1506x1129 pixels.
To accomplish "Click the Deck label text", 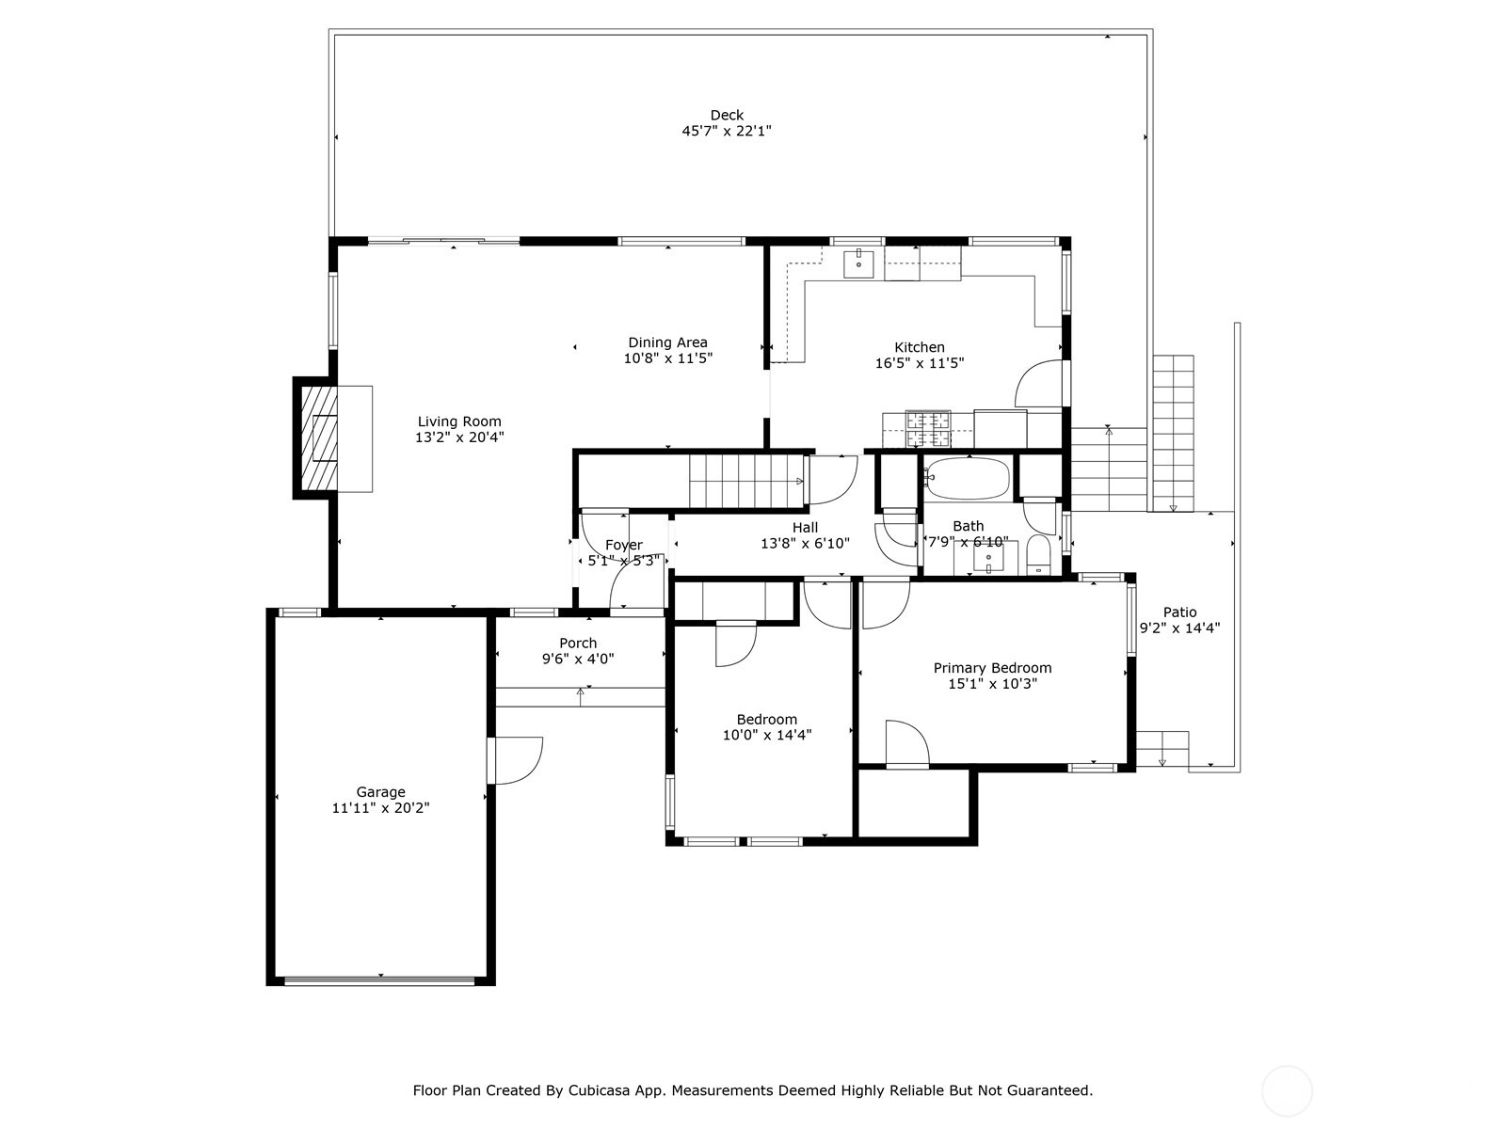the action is pos(727,115).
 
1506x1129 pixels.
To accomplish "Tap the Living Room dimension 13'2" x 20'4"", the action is pos(459,437).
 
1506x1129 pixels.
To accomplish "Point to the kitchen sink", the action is pos(858,263).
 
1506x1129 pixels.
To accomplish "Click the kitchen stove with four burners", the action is pos(928,428).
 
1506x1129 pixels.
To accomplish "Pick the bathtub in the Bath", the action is pos(968,478).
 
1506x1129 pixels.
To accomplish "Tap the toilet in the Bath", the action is pos(1038,554).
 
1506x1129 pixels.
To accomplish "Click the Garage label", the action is pos(381,792).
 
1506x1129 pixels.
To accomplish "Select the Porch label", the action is pos(578,643).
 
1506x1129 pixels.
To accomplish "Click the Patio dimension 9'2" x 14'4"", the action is pos(1179,628).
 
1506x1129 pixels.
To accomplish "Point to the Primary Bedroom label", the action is pos(992,668).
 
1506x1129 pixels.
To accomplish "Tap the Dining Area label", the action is pos(667,342).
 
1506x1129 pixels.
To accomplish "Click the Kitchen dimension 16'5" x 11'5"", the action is pos(920,363).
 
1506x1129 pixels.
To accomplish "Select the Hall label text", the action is pos(805,527).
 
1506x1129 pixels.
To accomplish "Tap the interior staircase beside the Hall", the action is pos(746,481).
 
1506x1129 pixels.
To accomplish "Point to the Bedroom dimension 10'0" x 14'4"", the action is pos(767,735).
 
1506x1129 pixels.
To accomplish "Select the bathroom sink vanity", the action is pos(988,557).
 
